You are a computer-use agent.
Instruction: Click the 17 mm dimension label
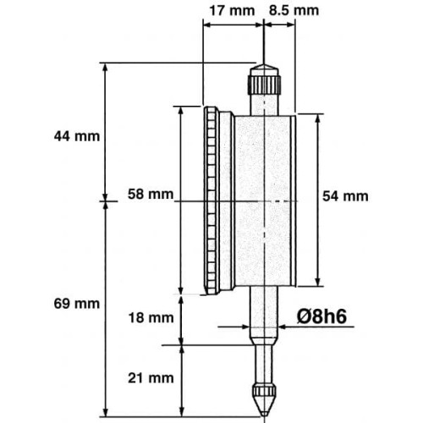226,10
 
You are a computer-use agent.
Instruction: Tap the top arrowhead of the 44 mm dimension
106,68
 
